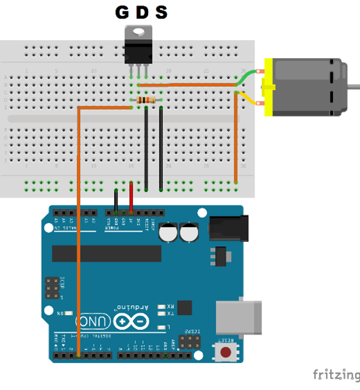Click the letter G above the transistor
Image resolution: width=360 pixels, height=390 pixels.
[122, 12]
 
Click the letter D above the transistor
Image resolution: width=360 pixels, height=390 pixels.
[142, 12]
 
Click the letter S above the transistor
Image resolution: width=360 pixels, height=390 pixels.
[161, 12]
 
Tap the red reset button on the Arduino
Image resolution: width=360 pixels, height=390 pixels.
[225, 352]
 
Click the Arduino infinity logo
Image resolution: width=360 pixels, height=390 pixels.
[131, 322]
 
